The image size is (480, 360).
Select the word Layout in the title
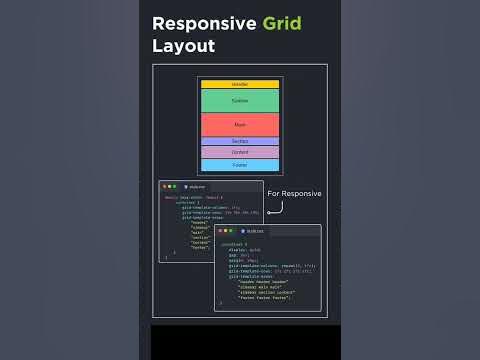pos(184,46)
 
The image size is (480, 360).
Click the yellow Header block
pos(240,84)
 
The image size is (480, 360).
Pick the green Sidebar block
pos(240,100)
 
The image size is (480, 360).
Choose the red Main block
pos(240,124)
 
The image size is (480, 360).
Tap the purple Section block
pos(240,141)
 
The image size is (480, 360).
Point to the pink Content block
pos(240,152)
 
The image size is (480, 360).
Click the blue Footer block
pos(240,164)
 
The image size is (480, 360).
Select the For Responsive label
pos(294,193)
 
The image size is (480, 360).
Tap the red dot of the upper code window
pos(165,187)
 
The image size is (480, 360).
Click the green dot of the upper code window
pos(175,187)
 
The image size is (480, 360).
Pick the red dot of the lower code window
pos(221,231)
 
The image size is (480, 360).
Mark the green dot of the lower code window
pos(231,231)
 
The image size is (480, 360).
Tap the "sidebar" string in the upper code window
pos(200,229)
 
